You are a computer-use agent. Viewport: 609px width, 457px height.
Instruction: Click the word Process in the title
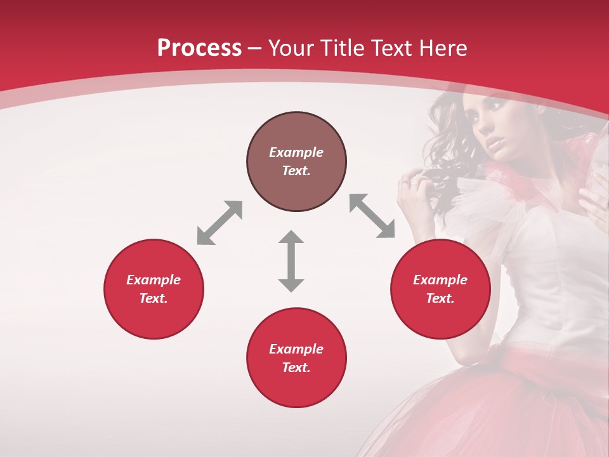click(199, 48)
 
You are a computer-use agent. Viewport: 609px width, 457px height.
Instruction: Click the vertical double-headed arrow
click(291, 261)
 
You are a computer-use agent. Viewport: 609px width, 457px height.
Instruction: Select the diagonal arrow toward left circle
click(219, 223)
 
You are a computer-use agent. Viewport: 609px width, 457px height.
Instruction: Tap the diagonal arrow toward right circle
click(372, 216)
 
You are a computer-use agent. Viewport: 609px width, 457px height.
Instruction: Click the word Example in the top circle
click(296, 152)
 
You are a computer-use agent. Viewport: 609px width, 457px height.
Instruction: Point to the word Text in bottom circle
click(296, 368)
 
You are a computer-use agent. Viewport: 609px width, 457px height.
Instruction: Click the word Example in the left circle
click(154, 280)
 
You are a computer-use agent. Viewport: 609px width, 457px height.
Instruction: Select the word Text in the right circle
click(440, 298)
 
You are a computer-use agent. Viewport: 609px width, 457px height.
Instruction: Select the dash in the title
click(255, 48)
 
